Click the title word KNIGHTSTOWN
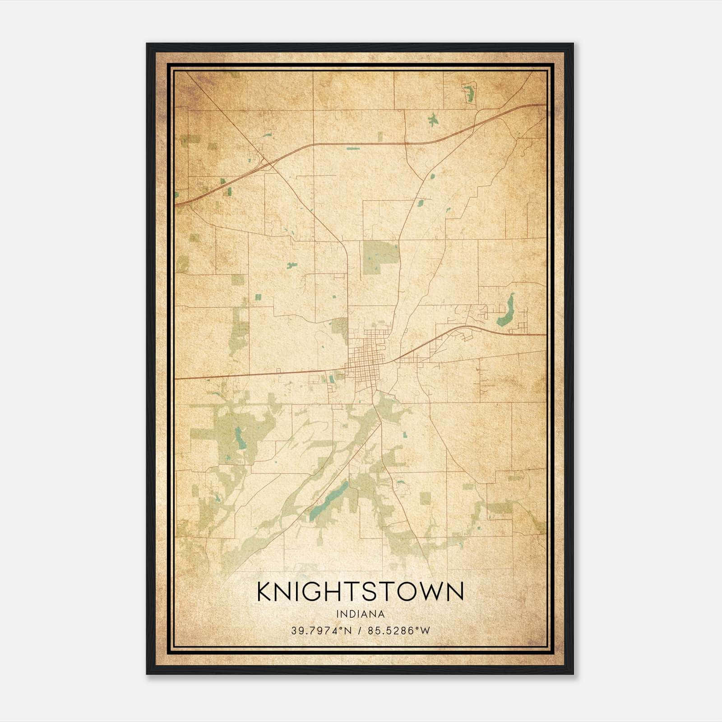coord(360,592)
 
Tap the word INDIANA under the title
coord(360,614)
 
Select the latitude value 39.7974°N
coord(320,631)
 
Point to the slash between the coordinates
coord(360,631)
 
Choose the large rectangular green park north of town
coord(380,256)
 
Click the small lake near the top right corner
coord(469,93)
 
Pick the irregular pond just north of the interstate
coord(433,120)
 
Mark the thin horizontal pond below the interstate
coord(353,148)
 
